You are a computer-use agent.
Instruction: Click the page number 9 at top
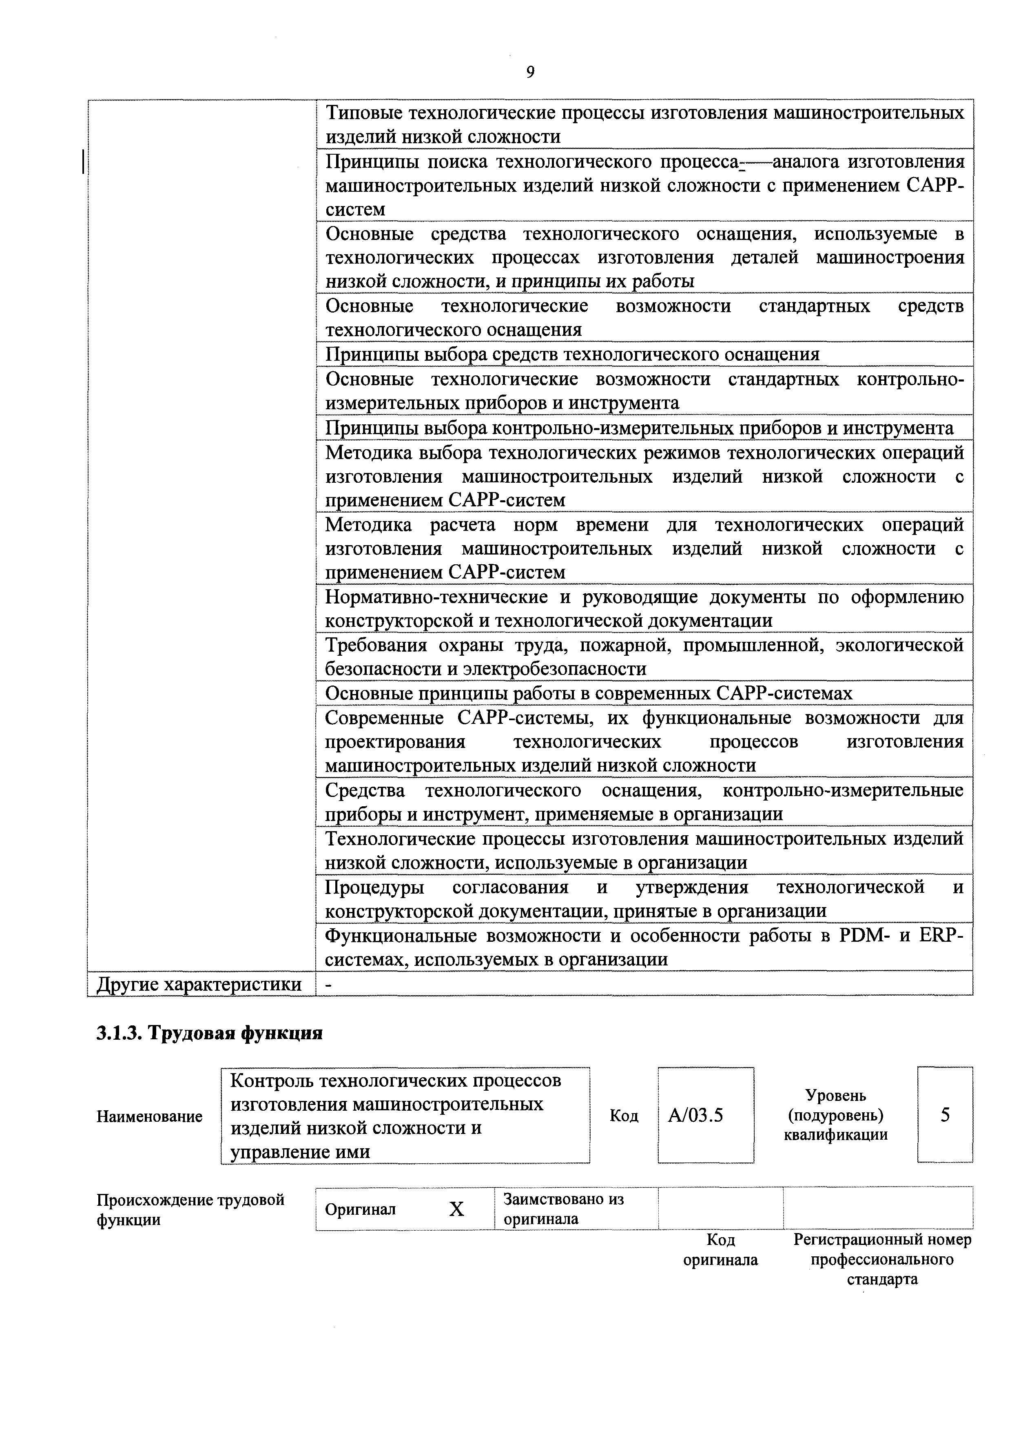tap(530, 72)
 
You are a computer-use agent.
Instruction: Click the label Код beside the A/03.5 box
tap(624, 1116)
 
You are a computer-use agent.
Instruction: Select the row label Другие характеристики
tap(199, 985)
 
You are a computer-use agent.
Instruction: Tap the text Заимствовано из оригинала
tap(563, 1209)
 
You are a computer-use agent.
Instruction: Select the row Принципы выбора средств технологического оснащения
tap(572, 355)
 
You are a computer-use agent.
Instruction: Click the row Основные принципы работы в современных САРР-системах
tap(588, 694)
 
